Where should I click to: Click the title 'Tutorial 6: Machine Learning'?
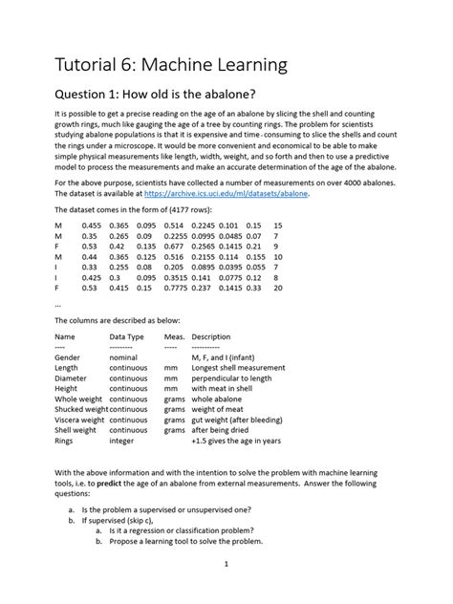[172, 66]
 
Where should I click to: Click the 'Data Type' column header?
[126, 336]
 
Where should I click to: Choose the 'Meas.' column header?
[174, 336]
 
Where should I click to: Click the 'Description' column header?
[217, 336]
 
